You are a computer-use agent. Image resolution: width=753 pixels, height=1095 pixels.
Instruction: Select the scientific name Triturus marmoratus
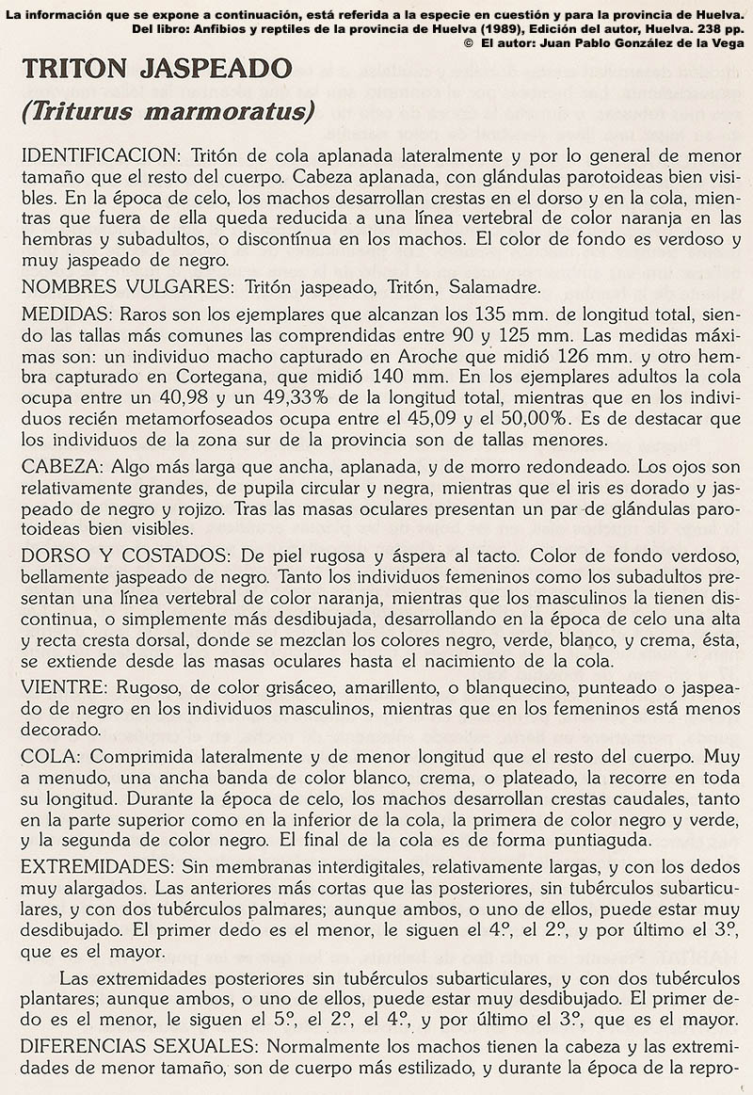pyautogui.click(x=168, y=112)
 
